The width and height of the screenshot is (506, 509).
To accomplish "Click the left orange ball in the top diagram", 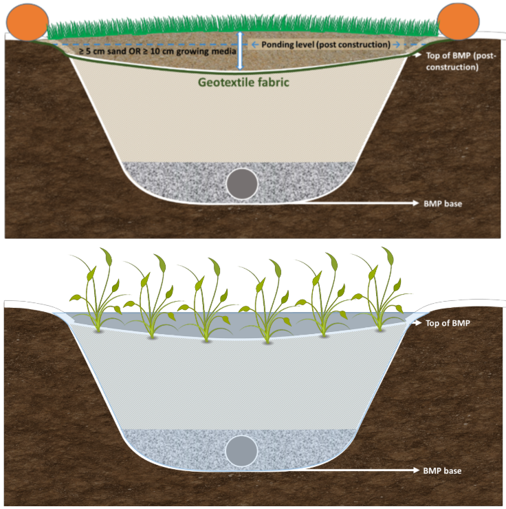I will tap(28, 21).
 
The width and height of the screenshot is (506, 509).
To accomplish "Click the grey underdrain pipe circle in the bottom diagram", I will tap(242, 450).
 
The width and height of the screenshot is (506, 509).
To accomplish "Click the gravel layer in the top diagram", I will tap(172, 180).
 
